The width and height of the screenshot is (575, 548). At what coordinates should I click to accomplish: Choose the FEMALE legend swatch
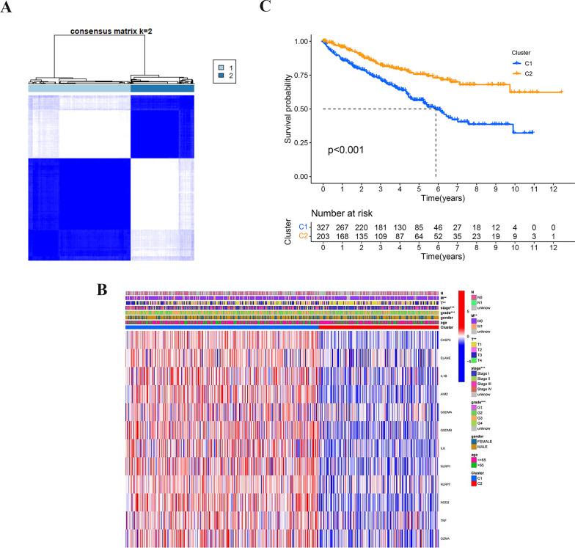[474, 441]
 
